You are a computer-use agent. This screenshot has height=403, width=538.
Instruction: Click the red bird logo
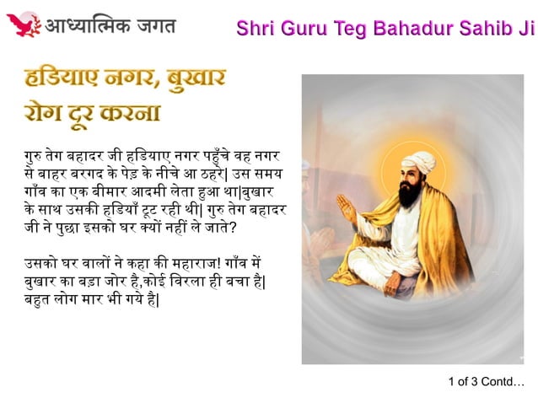coord(23,24)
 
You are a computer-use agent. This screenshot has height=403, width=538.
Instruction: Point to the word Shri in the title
coord(256,27)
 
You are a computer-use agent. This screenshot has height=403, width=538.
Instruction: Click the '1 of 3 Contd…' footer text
coord(486,381)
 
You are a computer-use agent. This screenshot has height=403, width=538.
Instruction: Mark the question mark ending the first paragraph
coord(244,228)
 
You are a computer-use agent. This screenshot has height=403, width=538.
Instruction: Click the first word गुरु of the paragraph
coord(35,157)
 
